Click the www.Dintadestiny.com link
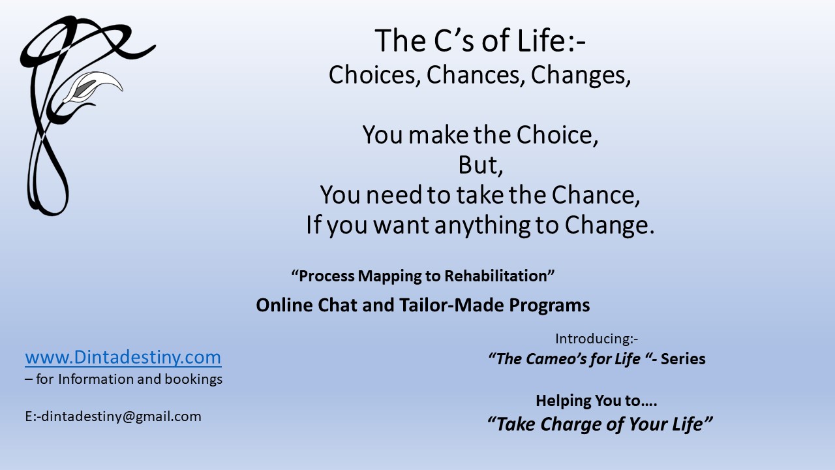[x=123, y=357]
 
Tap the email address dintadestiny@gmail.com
[x=121, y=416]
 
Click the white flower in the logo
[x=93, y=87]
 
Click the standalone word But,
[x=481, y=165]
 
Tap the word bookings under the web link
[x=194, y=379]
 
